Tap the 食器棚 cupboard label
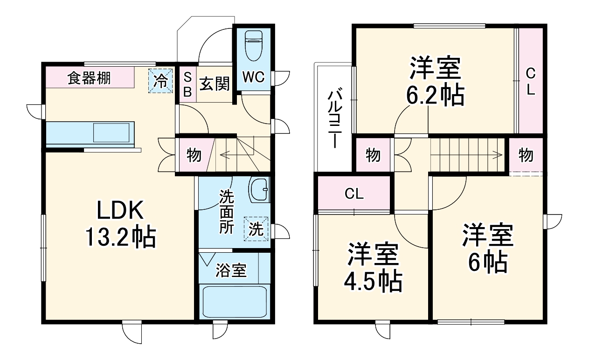tap(89, 78)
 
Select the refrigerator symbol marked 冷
tap(160, 81)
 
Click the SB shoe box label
tap(187, 84)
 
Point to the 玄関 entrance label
tap(215, 84)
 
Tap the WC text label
tap(253, 76)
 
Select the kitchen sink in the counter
tap(111, 132)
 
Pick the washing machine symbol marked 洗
tap(256, 229)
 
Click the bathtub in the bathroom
tap(234, 302)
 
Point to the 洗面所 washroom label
tap(227, 213)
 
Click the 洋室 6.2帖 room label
tap(436, 82)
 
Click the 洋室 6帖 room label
tap(488, 249)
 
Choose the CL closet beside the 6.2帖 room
tap(530, 81)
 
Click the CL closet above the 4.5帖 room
tap(354, 194)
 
